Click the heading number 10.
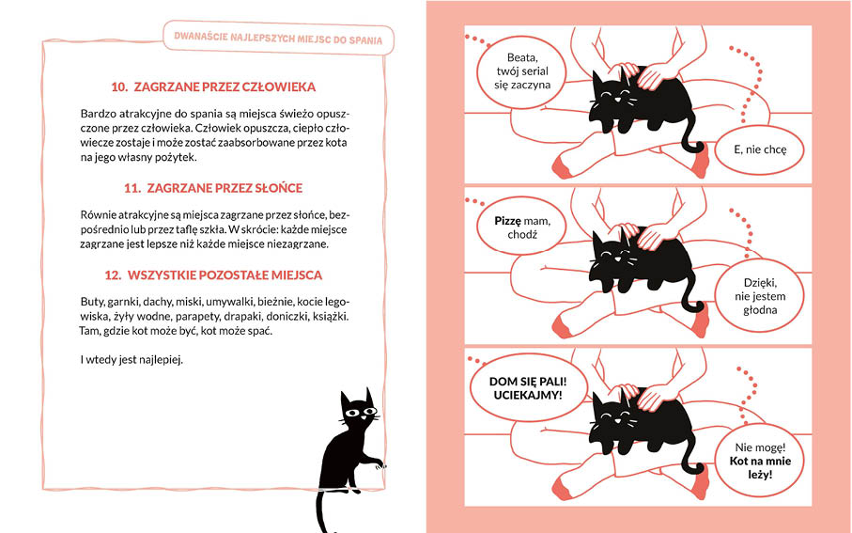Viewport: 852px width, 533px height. coord(119,87)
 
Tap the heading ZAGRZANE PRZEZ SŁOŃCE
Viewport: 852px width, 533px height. coord(225,188)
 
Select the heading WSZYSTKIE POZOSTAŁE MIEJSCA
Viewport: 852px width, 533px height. coord(225,275)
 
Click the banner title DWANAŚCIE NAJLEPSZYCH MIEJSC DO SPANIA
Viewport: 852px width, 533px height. coord(278,38)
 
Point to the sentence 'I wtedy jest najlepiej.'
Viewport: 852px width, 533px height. coord(132,359)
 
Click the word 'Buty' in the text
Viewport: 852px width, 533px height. coord(92,302)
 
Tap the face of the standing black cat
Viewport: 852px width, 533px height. coord(358,413)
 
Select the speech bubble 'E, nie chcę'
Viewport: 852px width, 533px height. coord(759,149)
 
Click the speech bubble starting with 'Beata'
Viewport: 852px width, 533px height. coord(521,71)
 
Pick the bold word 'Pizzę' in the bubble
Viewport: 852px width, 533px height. coord(507,221)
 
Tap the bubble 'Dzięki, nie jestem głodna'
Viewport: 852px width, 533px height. coord(759,296)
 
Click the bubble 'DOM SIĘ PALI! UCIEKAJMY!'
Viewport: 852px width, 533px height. coord(528,388)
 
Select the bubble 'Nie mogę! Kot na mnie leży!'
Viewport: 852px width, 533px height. coord(759,461)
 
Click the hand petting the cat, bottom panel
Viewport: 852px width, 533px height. coord(655,396)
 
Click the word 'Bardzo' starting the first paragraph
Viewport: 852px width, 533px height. coord(96,114)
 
